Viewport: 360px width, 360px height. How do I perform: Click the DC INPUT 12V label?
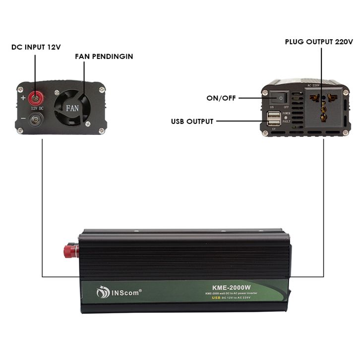[x=36, y=47]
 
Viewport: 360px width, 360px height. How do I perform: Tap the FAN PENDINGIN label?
[x=104, y=57]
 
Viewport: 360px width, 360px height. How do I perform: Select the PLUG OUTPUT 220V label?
[x=319, y=42]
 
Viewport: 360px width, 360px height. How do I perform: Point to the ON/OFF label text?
[x=221, y=98]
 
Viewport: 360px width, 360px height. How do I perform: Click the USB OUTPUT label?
[x=192, y=121]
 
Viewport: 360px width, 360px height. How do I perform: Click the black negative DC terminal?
[x=36, y=120]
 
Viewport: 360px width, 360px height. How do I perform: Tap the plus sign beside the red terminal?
[x=23, y=98]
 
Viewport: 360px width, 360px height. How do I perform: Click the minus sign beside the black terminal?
[x=23, y=120]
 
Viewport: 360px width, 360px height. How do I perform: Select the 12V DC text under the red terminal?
[x=38, y=108]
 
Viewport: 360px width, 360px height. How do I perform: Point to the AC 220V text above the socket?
[x=315, y=86]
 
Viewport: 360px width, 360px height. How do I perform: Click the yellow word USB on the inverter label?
[x=216, y=298]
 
